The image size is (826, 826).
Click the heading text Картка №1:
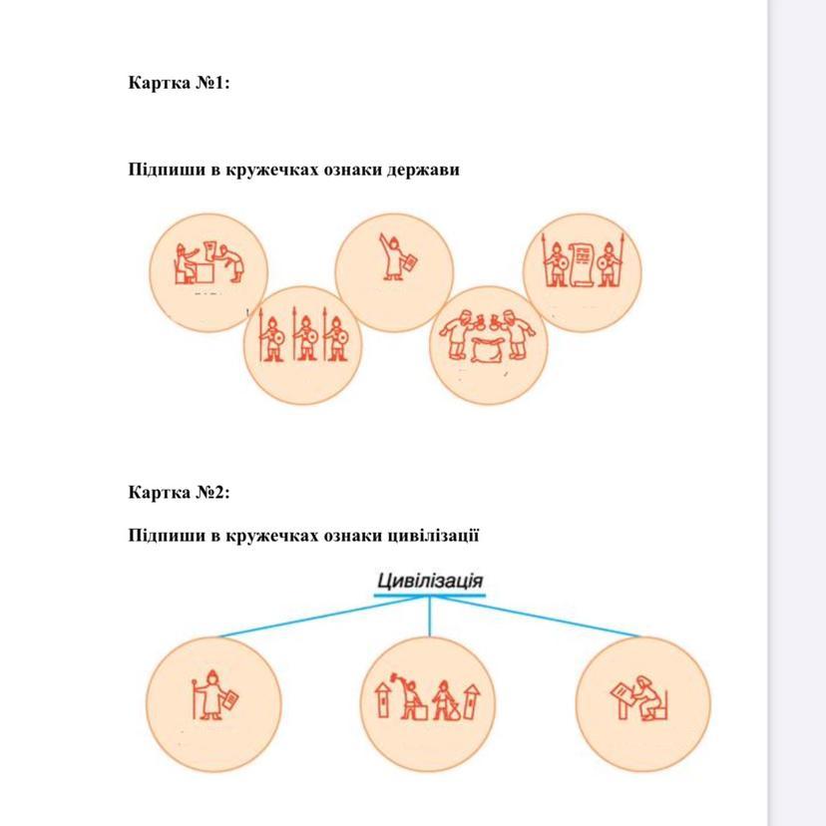179,83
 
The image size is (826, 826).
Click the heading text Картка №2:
179,492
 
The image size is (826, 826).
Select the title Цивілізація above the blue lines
430,581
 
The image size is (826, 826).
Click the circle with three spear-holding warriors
303,344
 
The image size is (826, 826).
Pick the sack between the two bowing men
489,350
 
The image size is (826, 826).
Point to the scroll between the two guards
582,262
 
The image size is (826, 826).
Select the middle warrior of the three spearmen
303,340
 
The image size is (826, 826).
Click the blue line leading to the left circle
319,617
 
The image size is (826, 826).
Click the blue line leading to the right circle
539,617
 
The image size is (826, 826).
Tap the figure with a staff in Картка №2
207,696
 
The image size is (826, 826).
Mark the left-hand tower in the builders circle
384,700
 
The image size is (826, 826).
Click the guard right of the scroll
611,262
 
